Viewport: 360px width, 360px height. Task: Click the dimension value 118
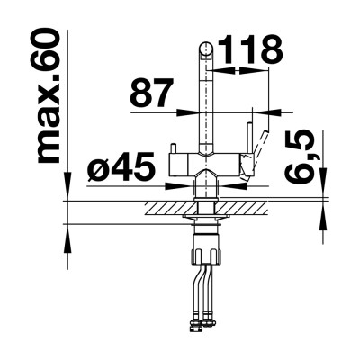click(x=250, y=49)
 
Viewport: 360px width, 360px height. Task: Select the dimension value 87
click(x=152, y=93)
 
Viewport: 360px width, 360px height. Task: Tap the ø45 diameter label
click(x=121, y=167)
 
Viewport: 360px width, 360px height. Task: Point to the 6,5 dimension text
click(x=299, y=157)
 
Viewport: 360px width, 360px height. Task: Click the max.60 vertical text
click(x=47, y=95)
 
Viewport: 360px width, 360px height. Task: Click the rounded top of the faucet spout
click(x=206, y=49)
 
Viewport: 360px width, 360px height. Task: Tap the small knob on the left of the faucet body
click(x=173, y=148)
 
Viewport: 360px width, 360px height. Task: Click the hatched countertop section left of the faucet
click(x=171, y=208)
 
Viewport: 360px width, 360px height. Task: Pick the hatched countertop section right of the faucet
click(x=241, y=208)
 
